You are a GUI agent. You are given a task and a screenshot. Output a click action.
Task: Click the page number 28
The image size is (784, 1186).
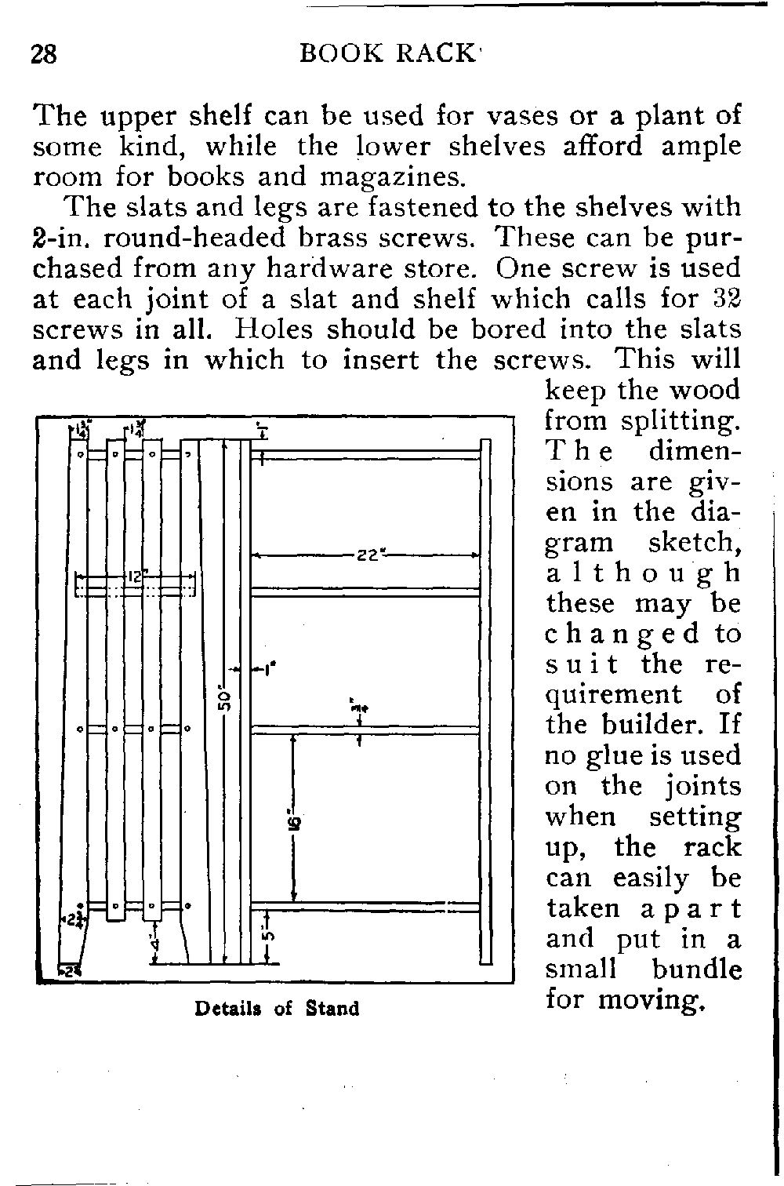click(44, 54)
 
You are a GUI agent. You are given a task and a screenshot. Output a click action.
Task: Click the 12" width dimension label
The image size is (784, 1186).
click(135, 578)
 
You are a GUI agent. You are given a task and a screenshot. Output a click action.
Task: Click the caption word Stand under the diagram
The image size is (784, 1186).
click(332, 1008)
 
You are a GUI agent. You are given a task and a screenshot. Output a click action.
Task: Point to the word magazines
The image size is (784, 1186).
click(394, 176)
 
